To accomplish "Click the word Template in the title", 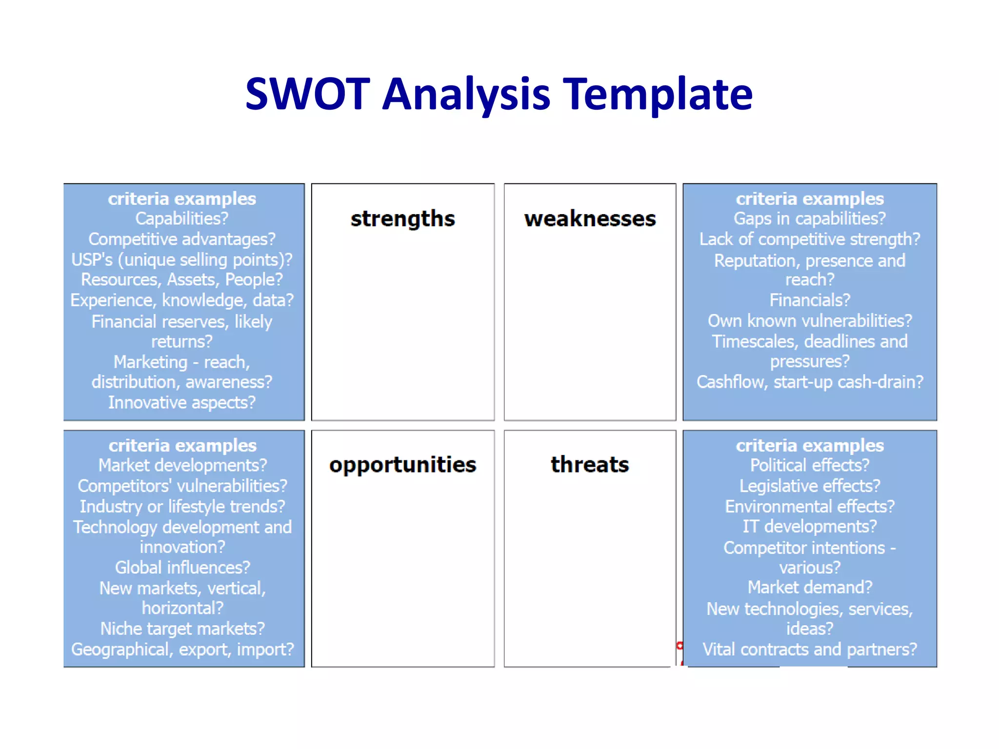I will point(658,95).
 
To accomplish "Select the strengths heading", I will point(402,219).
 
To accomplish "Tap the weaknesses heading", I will point(590,219).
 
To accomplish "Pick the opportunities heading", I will point(402,465).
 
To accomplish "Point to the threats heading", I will point(590,465).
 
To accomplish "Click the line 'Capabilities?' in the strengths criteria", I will point(181,219).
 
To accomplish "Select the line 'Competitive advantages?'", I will point(181,239).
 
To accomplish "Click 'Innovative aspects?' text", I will point(181,403).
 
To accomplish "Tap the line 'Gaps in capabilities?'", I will point(809,219).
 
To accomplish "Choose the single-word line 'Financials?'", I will point(809,300).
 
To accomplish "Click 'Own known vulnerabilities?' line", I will point(809,321).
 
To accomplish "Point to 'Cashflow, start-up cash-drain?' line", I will point(809,382).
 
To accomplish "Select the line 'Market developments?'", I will point(182,466).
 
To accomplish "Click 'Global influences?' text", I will point(182,568).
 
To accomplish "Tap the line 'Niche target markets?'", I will point(182,629).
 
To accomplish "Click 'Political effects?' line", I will point(809,466).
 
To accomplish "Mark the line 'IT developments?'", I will point(809,527).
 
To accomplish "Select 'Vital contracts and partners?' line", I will point(809,650).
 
